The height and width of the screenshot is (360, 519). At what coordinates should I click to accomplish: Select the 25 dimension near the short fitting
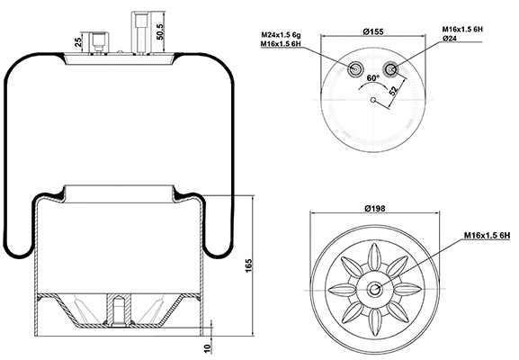(x=80, y=42)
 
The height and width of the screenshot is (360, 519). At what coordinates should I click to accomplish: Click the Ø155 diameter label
(x=374, y=33)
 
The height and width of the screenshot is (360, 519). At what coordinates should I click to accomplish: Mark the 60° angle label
(x=371, y=78)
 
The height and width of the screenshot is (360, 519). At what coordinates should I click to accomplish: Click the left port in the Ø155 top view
(x=357, y=68)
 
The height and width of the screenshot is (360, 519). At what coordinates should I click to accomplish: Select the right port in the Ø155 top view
(x=391, y=68)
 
